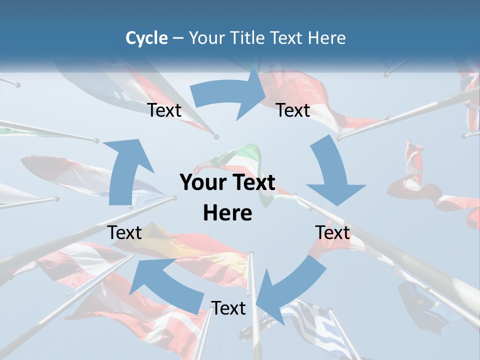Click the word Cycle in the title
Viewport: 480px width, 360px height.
point(146,38)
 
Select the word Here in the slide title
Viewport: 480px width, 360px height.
point(326,38)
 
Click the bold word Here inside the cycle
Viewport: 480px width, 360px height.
point(227,213)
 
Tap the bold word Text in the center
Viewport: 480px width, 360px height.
point(252,183)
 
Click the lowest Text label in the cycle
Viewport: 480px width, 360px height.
point(228,308)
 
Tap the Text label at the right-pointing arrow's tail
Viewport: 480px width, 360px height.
point(164,110)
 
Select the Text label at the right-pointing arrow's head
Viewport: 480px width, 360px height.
point(293,110)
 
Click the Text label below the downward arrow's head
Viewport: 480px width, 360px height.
point(332,232)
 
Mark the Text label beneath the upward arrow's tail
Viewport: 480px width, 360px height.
point(125,232)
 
